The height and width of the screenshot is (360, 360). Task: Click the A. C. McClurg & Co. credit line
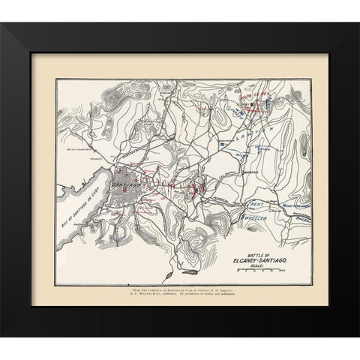(179, 295)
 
